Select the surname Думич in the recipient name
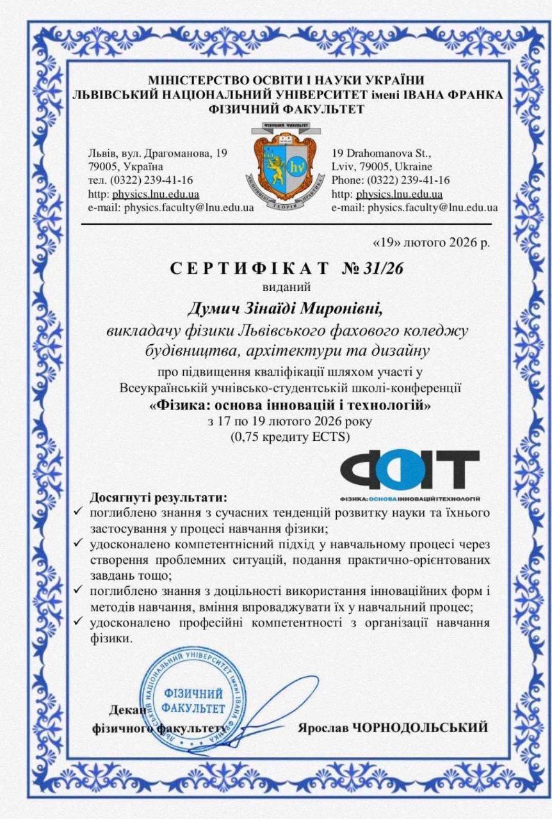click(x=213, y=309)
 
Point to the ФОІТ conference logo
click(x=410, y=472)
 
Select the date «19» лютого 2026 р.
click(x=432, y=243)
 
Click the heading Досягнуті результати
click(x=159, y=497)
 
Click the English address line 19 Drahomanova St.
click(x=382, y=154)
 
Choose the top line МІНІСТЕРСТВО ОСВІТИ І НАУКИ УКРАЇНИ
click(x=286, y=80)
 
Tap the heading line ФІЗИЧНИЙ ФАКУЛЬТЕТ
click(x=287, y=109)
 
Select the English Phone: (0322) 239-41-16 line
click(x=391, y=180)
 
